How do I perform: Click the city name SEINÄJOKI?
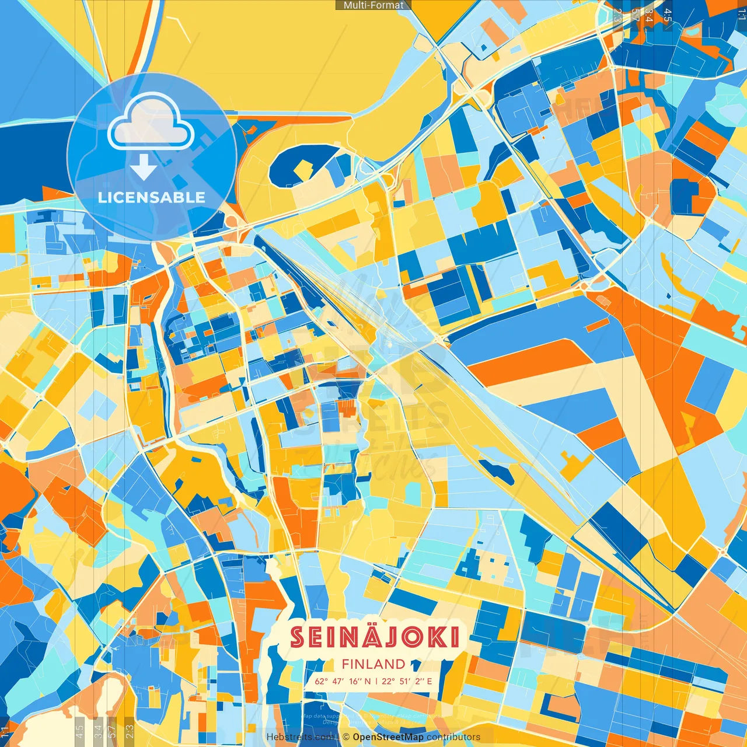[375, 637]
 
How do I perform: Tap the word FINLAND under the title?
[373, 664]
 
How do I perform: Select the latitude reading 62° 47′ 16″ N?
[343, 681]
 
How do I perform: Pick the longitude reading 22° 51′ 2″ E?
[407, 681]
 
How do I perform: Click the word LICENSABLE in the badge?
[152, 197]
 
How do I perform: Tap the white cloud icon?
[151, 121]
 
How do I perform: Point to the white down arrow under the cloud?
[144, 167]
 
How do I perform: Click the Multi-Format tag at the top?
[373, 5]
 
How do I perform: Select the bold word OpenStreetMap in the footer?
[388, 737]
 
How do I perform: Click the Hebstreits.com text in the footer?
[301, 737]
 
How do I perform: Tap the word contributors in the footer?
[453, 737]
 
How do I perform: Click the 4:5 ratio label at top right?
[668, 15]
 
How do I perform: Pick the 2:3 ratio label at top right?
[617, 15]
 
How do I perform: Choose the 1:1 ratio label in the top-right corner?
[741, 14]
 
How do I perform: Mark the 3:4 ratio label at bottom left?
[98, 731]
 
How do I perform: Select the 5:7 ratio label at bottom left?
[112, 731]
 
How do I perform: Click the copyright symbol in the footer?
[346, 737]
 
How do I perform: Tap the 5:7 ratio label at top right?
[635, 15]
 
